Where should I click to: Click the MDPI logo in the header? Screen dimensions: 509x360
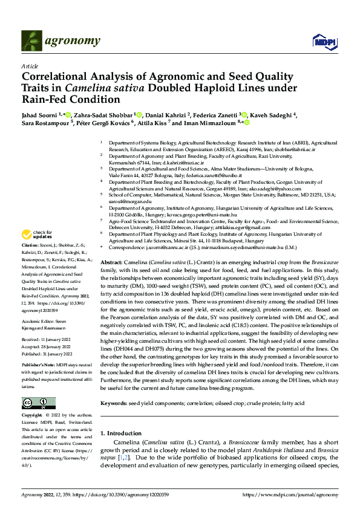321,41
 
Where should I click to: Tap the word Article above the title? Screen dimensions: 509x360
30,66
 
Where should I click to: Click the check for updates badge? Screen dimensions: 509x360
38,235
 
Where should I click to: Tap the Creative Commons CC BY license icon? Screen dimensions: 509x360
38,403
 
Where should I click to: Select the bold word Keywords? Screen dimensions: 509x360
114,403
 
